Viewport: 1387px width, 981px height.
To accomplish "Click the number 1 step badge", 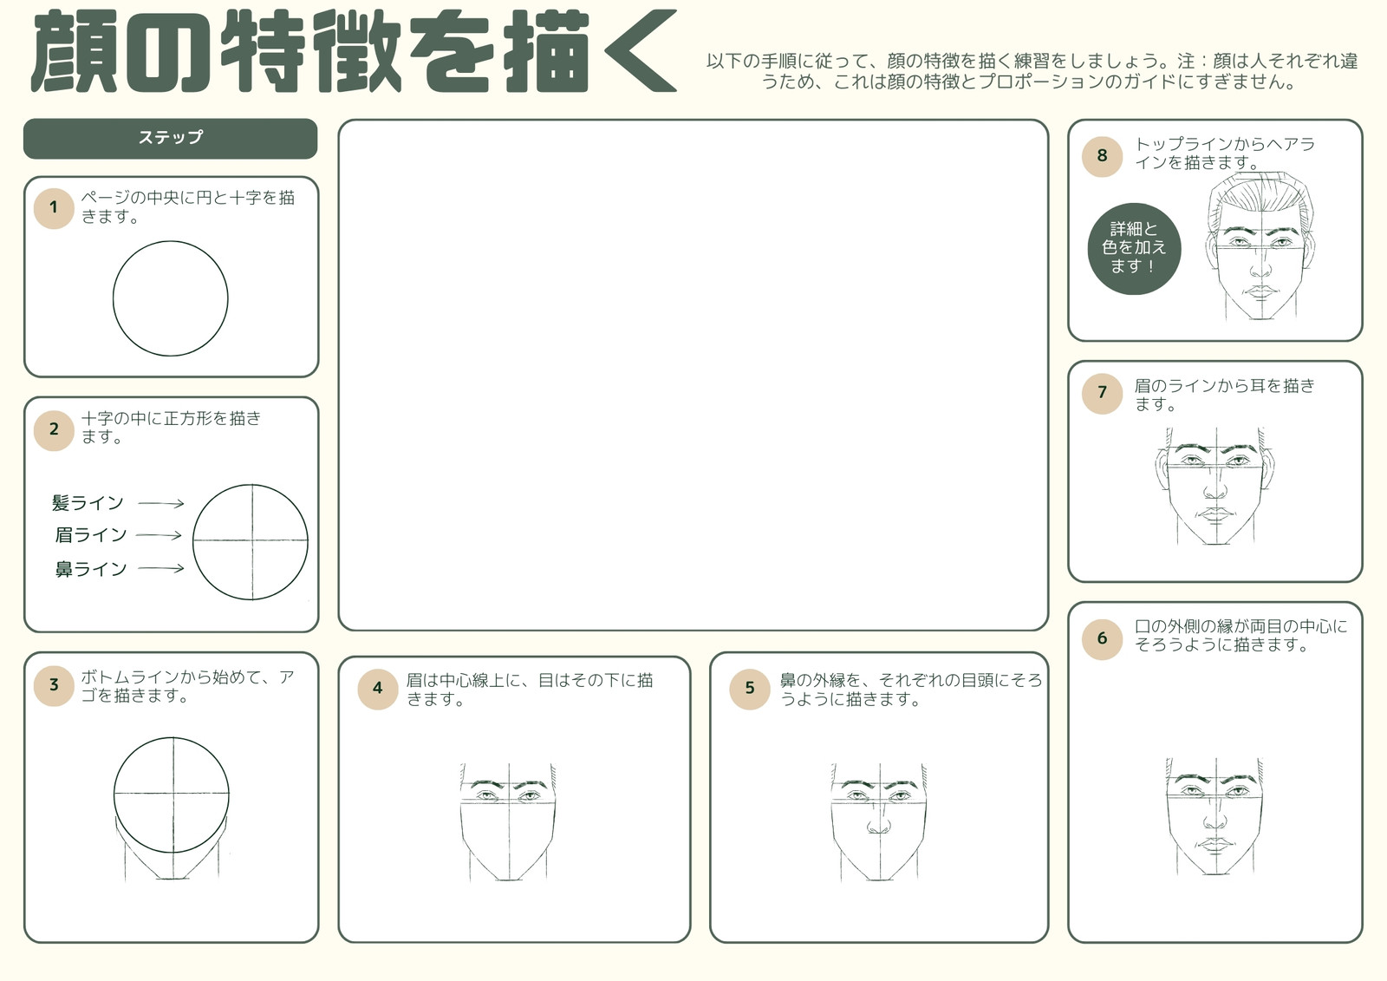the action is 54,208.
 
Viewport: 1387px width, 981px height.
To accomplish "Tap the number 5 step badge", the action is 749,689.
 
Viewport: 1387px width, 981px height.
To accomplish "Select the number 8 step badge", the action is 1102,156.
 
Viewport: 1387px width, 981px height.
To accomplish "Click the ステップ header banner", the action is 170,138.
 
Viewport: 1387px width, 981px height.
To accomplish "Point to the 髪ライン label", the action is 88,502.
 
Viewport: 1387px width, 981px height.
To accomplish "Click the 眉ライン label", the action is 91,535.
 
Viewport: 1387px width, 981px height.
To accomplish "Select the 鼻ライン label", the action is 91,569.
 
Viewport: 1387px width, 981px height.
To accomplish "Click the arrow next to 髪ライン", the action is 161,504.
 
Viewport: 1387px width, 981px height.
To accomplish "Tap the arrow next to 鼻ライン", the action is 161,568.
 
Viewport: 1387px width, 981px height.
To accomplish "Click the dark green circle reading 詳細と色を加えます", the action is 1135,249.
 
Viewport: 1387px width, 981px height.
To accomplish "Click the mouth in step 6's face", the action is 1214,845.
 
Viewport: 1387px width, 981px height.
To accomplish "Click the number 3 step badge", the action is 54,685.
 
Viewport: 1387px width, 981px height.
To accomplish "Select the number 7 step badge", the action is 1102,393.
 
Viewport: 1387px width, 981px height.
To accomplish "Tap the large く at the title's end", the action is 641,51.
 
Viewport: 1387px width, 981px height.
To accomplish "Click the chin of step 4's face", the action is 508,878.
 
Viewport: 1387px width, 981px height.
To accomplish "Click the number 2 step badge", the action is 54,429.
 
